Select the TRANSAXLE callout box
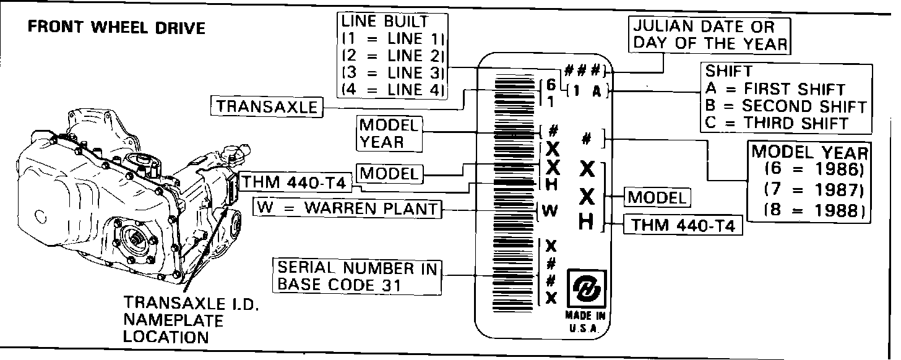(x=267, y=106)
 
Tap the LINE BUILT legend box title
(x=385, y=21)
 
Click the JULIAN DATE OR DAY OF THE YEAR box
(x=710, y=35)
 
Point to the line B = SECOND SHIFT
(x=785, y=106)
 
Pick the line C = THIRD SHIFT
(x=776, y=122)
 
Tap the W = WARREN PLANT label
(x=348, y=208)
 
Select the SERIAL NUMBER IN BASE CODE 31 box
(x=357, y=276)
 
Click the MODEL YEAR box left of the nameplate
(x=390, y=134)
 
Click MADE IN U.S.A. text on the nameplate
(x=585, y=322)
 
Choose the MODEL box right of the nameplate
(x=657, y=197)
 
